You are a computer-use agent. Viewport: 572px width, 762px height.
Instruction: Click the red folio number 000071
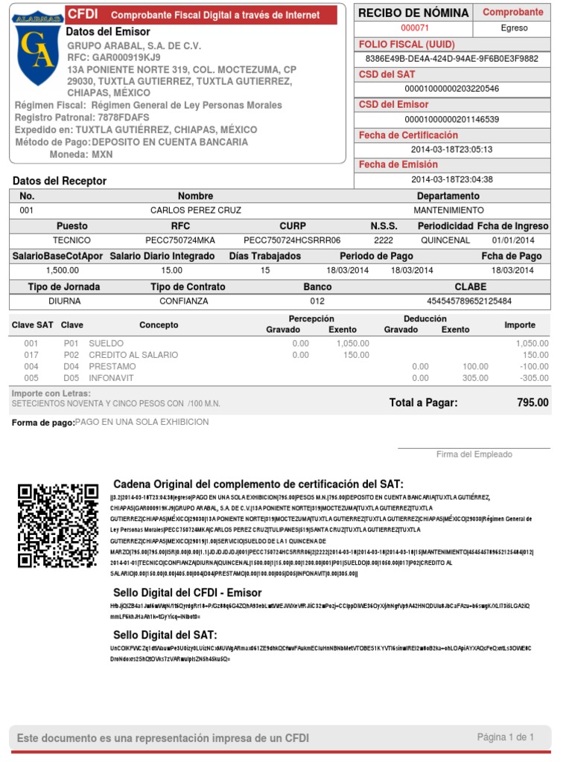click(415, 28)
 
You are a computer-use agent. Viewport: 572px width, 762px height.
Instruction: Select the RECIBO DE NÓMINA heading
click(413, 13)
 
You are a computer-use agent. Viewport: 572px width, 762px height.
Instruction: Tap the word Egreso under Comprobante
click(514, 28)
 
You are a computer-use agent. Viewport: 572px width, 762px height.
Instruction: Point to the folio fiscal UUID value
click(451, 59)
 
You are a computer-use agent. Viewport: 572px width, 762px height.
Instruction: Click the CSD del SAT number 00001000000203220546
click(451, 89)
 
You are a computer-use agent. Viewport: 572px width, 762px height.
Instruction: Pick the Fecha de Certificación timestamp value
click(451, 150)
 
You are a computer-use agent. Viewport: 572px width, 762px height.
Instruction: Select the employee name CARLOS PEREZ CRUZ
click(196, 211)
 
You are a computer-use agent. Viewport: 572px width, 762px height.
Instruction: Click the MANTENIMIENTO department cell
click(448, 211)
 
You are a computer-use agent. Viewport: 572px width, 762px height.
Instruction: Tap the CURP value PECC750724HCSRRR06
click(292, 240)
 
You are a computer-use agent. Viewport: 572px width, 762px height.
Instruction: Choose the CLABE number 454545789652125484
click(469, 301)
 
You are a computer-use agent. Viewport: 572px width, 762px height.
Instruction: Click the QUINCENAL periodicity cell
click(445, 240)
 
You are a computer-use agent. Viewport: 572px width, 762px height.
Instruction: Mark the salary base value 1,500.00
click(63, 271)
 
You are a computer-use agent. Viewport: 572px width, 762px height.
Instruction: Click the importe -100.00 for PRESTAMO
click(534, 367)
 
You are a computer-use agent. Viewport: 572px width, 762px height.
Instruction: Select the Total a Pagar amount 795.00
click(533, 403)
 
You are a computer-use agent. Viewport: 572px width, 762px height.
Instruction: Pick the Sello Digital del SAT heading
click(165, 635)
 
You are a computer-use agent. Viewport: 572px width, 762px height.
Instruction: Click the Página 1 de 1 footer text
click(505, 737)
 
